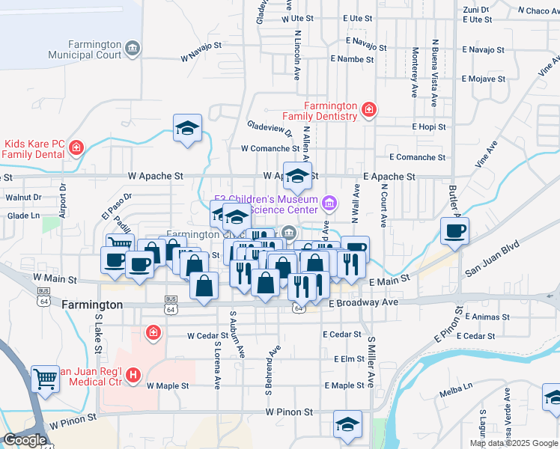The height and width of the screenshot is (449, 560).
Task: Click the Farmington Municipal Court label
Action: (84, 49)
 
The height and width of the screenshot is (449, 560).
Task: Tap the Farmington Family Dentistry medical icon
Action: (368, 111)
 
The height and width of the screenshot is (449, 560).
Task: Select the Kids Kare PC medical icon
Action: (76, 149)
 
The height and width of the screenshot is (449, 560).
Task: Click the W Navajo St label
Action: (201, 57)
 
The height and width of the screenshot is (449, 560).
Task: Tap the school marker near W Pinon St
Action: (347, 424)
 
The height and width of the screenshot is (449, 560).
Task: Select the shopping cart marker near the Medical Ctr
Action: (45, 379)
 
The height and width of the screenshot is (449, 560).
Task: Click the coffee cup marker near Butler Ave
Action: (454, 230)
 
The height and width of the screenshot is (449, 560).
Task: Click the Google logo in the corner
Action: (24, 440)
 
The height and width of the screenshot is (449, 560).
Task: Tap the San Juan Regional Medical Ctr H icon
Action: (133, 375)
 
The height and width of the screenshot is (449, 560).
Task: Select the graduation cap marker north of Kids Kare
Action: (187, 127)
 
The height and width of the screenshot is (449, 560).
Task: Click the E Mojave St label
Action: (484, 78)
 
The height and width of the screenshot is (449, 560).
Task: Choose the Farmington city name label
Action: (92, 305)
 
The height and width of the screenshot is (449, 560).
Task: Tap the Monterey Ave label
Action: (415, 73)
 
